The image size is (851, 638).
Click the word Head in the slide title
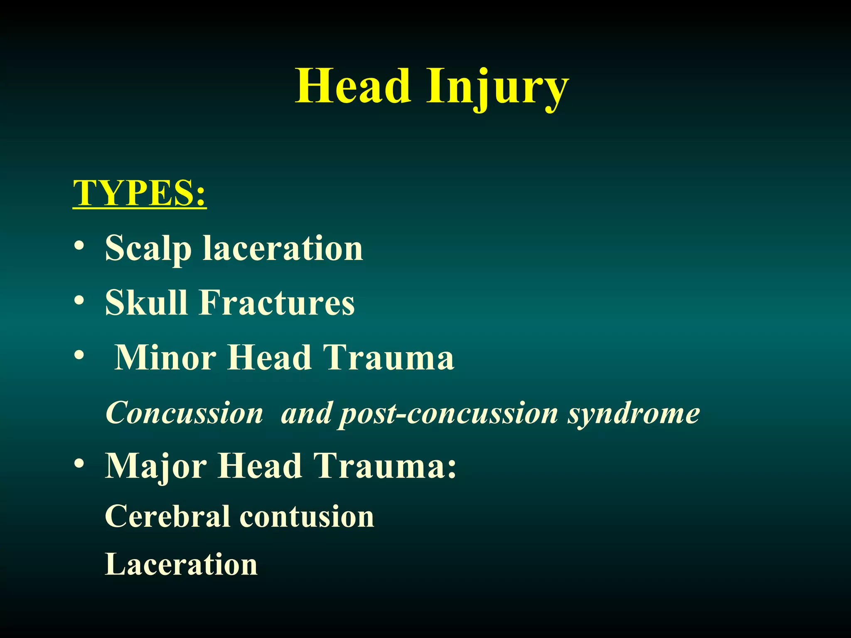point(353,86)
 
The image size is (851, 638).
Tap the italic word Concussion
point(184,413)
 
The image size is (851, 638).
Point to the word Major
point(156,466)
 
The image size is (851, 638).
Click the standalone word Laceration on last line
point(181,564)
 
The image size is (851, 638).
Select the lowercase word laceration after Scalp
point(283,248)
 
